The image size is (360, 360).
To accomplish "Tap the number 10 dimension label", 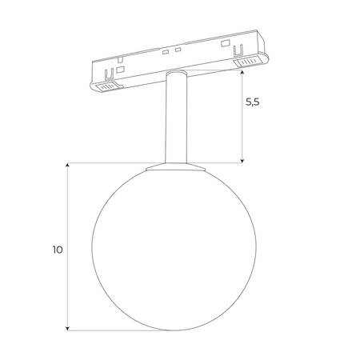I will tap(57, 249).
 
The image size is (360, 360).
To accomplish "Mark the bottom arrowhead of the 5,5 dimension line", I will tap(242, 160).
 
